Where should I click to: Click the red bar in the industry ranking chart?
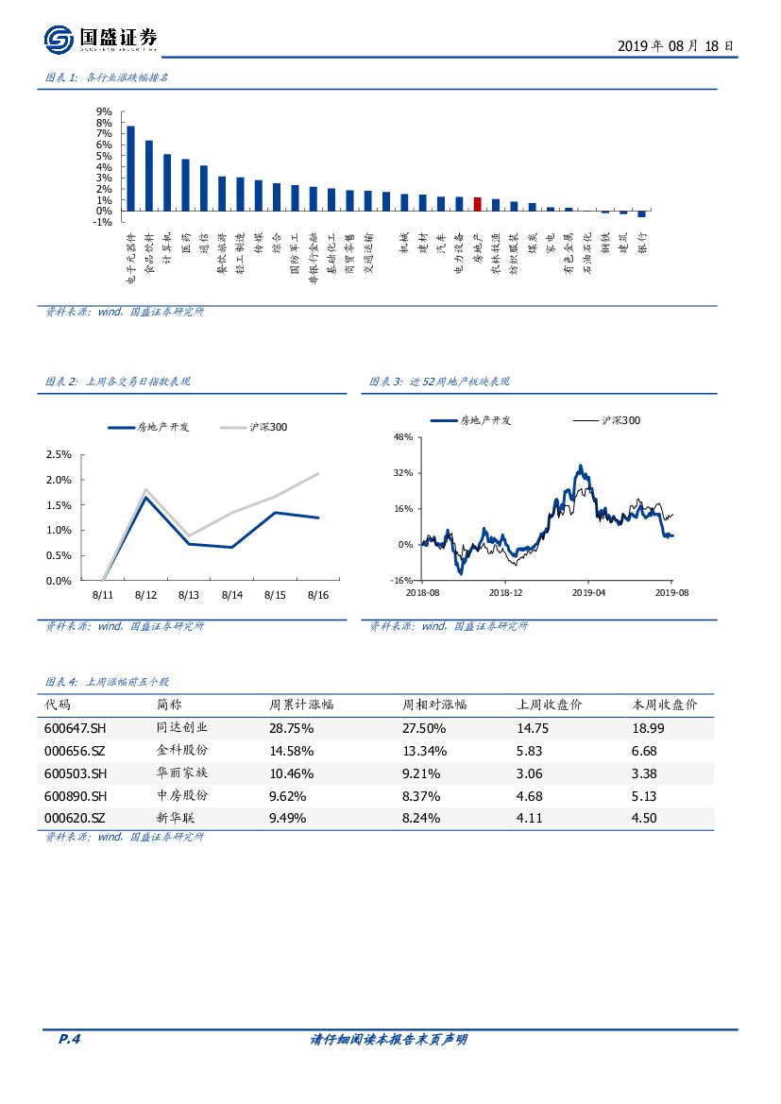(x=478, y=204)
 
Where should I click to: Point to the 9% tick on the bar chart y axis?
(x=104, y=111)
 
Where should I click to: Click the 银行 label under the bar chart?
(x=642, y=244)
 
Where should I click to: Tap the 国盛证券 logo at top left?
(x=101, y=39)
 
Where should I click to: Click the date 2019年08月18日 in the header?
(x=675, y=45)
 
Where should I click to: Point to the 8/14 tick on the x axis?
(x=232, y=595)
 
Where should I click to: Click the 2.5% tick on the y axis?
(x=59, y=454)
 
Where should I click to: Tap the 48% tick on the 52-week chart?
(x=403, y=437)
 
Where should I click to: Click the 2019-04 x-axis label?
(x=588, y=592)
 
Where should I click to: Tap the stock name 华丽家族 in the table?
(x=181, y=773)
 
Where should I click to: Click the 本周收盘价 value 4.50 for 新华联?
(x=644, y=819)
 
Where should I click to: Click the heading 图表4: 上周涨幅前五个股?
(x=108, y=681)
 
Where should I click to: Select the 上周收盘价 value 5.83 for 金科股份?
(x=529, y=751)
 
